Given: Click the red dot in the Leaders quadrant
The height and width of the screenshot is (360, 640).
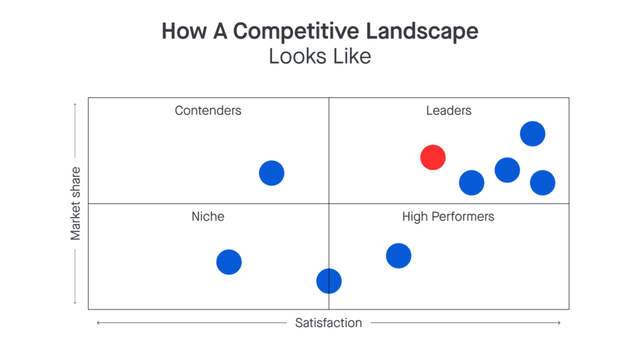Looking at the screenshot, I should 432,157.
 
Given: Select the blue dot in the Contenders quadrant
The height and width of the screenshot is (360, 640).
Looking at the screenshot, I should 271,172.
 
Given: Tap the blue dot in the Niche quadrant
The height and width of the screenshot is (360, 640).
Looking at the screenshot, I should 229,262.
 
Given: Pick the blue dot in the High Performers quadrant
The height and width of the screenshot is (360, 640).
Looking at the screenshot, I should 398,255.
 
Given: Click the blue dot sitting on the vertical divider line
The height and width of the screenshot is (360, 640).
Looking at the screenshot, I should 329,281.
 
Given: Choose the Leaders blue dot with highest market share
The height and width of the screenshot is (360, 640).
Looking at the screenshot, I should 532,133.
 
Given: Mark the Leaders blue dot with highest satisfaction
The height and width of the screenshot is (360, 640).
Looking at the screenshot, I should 542,182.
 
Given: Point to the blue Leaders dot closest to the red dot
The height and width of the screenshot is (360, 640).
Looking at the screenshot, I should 471,182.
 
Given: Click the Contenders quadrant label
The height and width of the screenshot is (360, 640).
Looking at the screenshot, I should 207,111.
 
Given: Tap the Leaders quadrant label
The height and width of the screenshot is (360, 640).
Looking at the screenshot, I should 448,111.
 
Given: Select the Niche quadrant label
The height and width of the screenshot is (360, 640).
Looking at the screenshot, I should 207,217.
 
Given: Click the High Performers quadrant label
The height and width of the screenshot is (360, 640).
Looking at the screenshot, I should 447,217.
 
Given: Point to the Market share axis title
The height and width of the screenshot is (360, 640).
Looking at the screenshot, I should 76,203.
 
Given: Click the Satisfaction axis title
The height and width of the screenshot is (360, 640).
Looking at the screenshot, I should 328,323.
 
